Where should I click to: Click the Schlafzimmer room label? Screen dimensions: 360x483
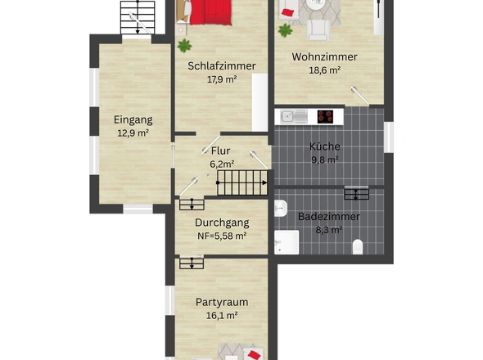221,66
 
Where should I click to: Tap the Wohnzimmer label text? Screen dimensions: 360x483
324,57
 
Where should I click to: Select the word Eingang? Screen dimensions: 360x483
133,119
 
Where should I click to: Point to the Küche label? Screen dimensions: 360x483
324,147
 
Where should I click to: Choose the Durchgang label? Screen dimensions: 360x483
221,223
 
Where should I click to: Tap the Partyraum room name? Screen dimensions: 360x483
221,302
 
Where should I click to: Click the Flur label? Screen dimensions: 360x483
220,151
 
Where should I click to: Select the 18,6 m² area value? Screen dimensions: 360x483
324,70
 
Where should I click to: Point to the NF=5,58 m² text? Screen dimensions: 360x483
221,236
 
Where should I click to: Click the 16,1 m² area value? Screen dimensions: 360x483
221,315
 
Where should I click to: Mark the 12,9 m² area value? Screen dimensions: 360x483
133,133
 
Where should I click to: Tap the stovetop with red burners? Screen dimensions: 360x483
326,116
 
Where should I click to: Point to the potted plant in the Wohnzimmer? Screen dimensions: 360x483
285,30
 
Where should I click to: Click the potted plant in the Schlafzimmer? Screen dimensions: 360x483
184,45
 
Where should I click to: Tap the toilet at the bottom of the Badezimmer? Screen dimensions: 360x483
356,247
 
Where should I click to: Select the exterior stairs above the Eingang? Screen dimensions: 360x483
138,16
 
